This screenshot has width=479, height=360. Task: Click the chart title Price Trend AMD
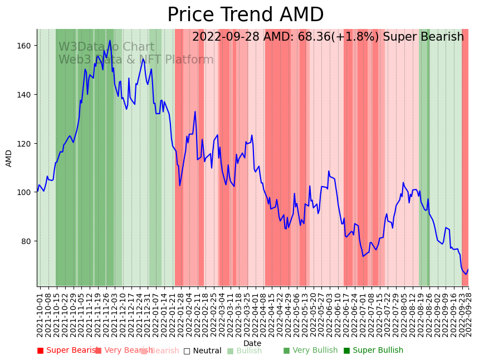click(245, 15)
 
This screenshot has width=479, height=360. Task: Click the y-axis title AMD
click(9, 158)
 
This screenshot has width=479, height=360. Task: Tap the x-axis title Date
click(252, 343)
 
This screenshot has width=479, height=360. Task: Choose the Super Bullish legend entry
click(378, 351)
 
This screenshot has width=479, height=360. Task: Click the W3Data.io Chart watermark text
click(106, 47)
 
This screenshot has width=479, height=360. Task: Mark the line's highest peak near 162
click(110, 40)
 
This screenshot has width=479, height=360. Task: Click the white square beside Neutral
click(187, 351)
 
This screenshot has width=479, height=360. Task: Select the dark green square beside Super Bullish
click(347, 351)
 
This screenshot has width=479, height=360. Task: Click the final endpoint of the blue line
click(468, 270)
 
